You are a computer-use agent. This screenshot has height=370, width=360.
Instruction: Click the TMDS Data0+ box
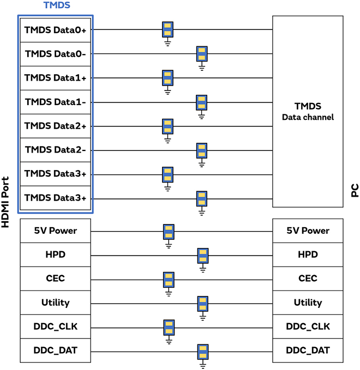point(55,30)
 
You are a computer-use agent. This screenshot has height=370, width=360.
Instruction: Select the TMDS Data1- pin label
point(55,102)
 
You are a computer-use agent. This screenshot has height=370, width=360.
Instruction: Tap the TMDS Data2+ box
point(55,126)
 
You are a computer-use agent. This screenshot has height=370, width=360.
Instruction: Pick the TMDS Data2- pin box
point(55,150)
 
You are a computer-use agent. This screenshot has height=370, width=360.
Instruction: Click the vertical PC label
point(355,190)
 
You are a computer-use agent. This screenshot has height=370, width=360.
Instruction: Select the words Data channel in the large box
point(308,117)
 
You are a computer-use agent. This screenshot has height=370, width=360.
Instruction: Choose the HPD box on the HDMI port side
point(55,254)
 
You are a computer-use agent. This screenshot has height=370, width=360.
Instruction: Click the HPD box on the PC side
point(308,254)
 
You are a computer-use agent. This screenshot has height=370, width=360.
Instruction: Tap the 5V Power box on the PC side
point(308,231)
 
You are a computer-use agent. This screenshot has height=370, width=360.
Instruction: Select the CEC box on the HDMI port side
point(55,278)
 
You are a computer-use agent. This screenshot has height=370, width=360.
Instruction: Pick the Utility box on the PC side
point(308,302)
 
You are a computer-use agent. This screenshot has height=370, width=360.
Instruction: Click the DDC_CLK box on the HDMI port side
point(55,326)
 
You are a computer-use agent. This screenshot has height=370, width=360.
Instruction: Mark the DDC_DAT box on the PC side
point(308,350)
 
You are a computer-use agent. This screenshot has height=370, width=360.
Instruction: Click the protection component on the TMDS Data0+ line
point(167,29)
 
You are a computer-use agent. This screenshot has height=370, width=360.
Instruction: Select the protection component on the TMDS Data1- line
point(202,102)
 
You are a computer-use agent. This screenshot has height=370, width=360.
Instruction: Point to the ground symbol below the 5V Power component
point(169,245)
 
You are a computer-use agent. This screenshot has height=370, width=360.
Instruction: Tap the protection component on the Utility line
point(203,304)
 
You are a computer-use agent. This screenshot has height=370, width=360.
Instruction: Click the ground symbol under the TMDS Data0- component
point(202,68)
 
